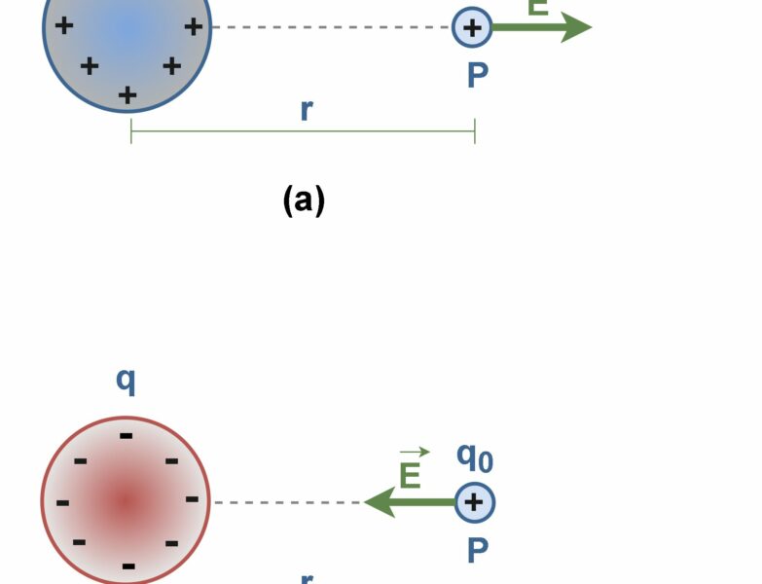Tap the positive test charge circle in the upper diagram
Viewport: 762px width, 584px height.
(472, 27)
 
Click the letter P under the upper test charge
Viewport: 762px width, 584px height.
(477, 76)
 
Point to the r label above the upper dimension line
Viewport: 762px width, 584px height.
(306, 110)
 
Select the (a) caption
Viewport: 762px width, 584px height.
(304, 200)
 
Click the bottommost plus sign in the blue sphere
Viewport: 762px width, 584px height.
(127, 94)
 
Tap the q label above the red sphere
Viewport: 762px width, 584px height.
(126, 379)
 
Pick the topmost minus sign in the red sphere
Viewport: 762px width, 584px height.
(126, 435)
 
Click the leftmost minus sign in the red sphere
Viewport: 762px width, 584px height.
(62, 503)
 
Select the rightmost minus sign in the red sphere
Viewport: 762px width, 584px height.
(192, 499)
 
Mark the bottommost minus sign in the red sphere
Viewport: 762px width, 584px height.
(127, 566)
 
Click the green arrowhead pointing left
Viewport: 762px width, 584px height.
(380, 503)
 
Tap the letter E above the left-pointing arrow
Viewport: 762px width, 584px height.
(410, 475)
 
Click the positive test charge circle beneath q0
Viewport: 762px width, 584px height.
(474, 502)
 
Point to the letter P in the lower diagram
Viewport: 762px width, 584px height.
(477, 551)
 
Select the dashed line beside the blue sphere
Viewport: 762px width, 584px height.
(331, 27)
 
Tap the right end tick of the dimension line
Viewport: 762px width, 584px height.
(475, 131)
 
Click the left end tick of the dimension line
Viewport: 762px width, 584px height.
(130, 131)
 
